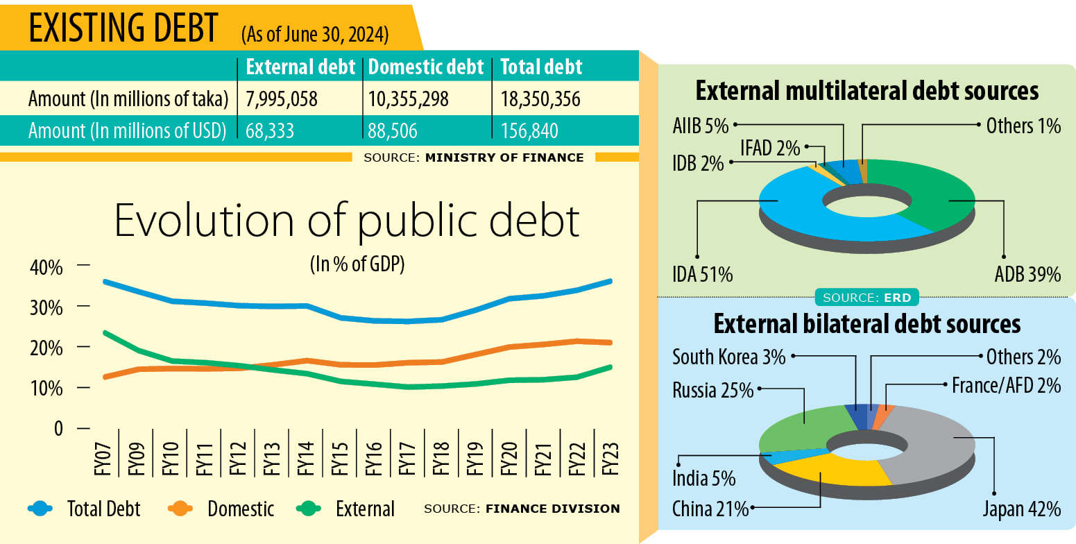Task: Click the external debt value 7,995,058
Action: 282,100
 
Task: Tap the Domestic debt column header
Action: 426,67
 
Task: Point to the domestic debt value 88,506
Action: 393,131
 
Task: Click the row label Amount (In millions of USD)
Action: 128,131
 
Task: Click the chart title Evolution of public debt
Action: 346,220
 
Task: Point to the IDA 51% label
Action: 702,274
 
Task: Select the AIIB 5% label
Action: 700,126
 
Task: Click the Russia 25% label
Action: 712,391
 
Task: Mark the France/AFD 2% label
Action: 1006,385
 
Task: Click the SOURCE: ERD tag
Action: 867,298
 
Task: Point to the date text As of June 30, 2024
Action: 315,33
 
